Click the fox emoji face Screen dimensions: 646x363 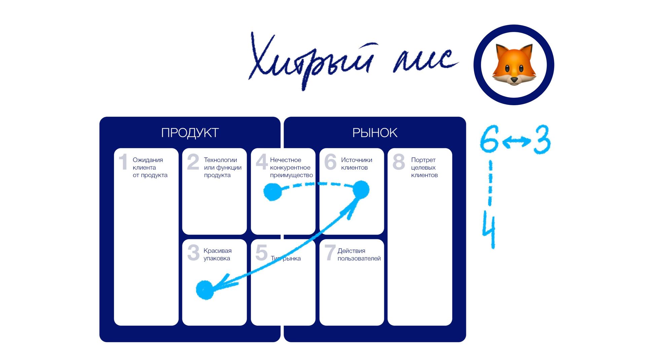pyautogui.click(x=514, y=65)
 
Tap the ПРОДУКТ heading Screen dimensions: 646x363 pyautogui.click(x=190, y=133)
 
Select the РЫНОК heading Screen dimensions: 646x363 pyautogui.click(x=375, y=133)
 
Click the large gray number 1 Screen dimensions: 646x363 pyautogui.click(x=123, y=162)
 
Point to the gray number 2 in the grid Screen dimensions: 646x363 pyautogui.click(x=193, y=162)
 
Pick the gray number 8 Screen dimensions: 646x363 pyautogui.click(x=399, y=162)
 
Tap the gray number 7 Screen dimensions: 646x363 pyautogui.click(x=330, y=253)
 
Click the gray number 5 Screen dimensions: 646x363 pyautogui.click(x=261, y=253)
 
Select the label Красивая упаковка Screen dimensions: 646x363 pyautogui.click(x=217, y=254)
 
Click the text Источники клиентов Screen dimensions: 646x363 pyautogui.click(x=356, y=164)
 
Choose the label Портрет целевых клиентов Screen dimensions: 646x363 pyautogui.click(x=424, y=167)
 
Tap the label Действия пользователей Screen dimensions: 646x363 pyautogui.click(x=359, y=254)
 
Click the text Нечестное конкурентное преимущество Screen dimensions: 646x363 pyautogui.click(x=291, y=167)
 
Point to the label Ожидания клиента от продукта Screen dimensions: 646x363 pyautogui.click(x=150, y=167)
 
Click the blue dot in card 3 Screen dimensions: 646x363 pyautogui.click(x=205, y=290)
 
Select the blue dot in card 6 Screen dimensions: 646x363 pyautogui.click(x=361, y=190)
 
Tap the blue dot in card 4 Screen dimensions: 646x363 pyautogui.click(x=272, y=192)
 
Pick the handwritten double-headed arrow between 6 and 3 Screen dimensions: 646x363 pyautogui.click(x=516, y=141)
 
